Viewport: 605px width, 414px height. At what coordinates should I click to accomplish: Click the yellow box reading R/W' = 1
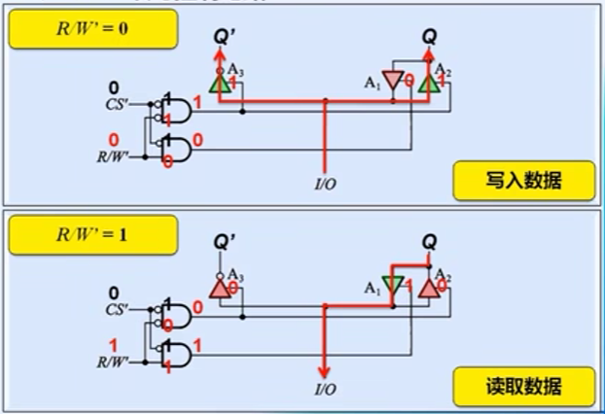(x=91, y=234)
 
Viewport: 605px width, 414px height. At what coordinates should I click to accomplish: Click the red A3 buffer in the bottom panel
(x=220, y=289)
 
